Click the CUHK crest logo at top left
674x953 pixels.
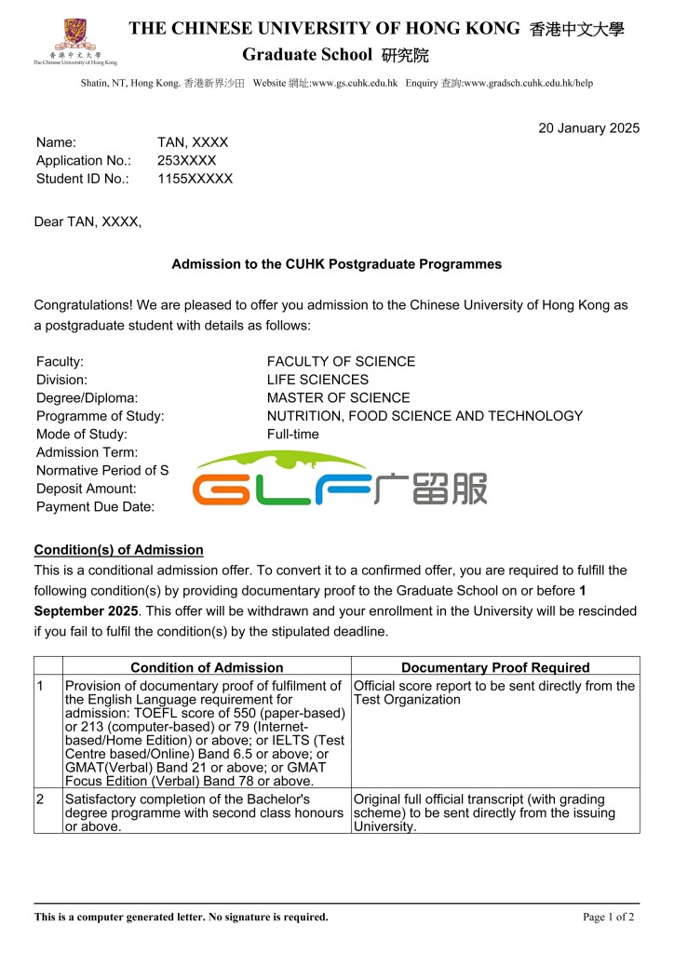[74, 35]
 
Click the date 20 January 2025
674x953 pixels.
[588, 128]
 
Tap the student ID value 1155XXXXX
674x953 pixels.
[195, 179]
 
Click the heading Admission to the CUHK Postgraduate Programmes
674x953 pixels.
[336, 264]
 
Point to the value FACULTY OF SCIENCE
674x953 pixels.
[341, 361]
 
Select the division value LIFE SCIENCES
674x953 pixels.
[317, 380]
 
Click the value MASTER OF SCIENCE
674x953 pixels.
[338, 397]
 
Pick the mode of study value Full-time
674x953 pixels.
[292, 434]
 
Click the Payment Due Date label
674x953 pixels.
[95, 506]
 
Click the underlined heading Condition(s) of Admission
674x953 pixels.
[118, 550]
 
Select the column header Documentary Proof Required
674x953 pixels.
[495, 667]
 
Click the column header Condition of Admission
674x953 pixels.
[207, 667]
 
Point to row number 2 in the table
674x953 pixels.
[40, 799]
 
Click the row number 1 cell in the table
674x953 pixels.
[40, 686]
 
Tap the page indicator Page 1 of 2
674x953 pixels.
[608, 917]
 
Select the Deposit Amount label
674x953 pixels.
[86, 489]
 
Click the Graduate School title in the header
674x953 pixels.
[306, 55]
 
